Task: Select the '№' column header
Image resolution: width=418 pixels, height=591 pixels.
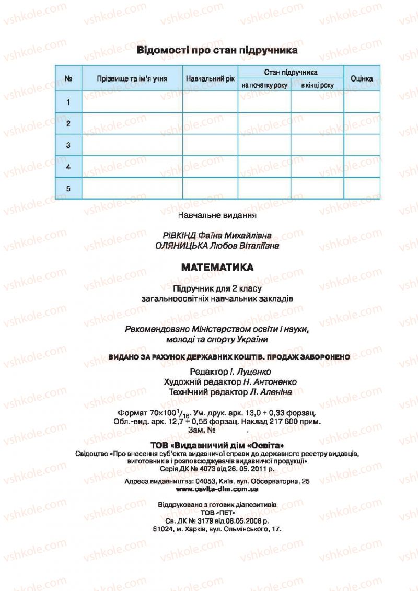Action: pyautogui.click(x=68, y=79)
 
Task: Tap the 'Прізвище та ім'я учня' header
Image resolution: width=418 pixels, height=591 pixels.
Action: pyautogui.click(x=132, y=79)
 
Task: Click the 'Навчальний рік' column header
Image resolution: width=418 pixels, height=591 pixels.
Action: pyautogui.click(x=210, y=79)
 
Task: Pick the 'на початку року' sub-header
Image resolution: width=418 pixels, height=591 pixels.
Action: pyautogui.click(x=264, y=85)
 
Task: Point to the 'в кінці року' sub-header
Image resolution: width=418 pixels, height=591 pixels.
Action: pyautogui.click(x=317, y=85)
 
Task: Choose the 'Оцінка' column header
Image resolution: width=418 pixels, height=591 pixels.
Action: pyautogui.click(x=362, y=79)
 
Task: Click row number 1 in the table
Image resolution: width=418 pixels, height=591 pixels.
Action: pyautogui.click(x=68, y=102)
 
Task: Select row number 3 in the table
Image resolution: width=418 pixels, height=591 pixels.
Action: pyautogui.click(x=68, y=145)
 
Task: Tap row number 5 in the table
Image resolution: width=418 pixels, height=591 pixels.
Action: pyautogui.click(x=68, y=188)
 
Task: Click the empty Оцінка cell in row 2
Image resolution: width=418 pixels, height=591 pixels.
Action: pyautogui.click(x=362, y=123)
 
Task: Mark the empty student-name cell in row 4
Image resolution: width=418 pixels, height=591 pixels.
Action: pyautogui.click(x=132, y=167)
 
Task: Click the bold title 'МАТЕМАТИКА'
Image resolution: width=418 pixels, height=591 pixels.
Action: pyautogui.click(x=217, y=268)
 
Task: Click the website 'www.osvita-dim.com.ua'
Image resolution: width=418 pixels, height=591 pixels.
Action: pyautogui.click(x=217, y=490)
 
